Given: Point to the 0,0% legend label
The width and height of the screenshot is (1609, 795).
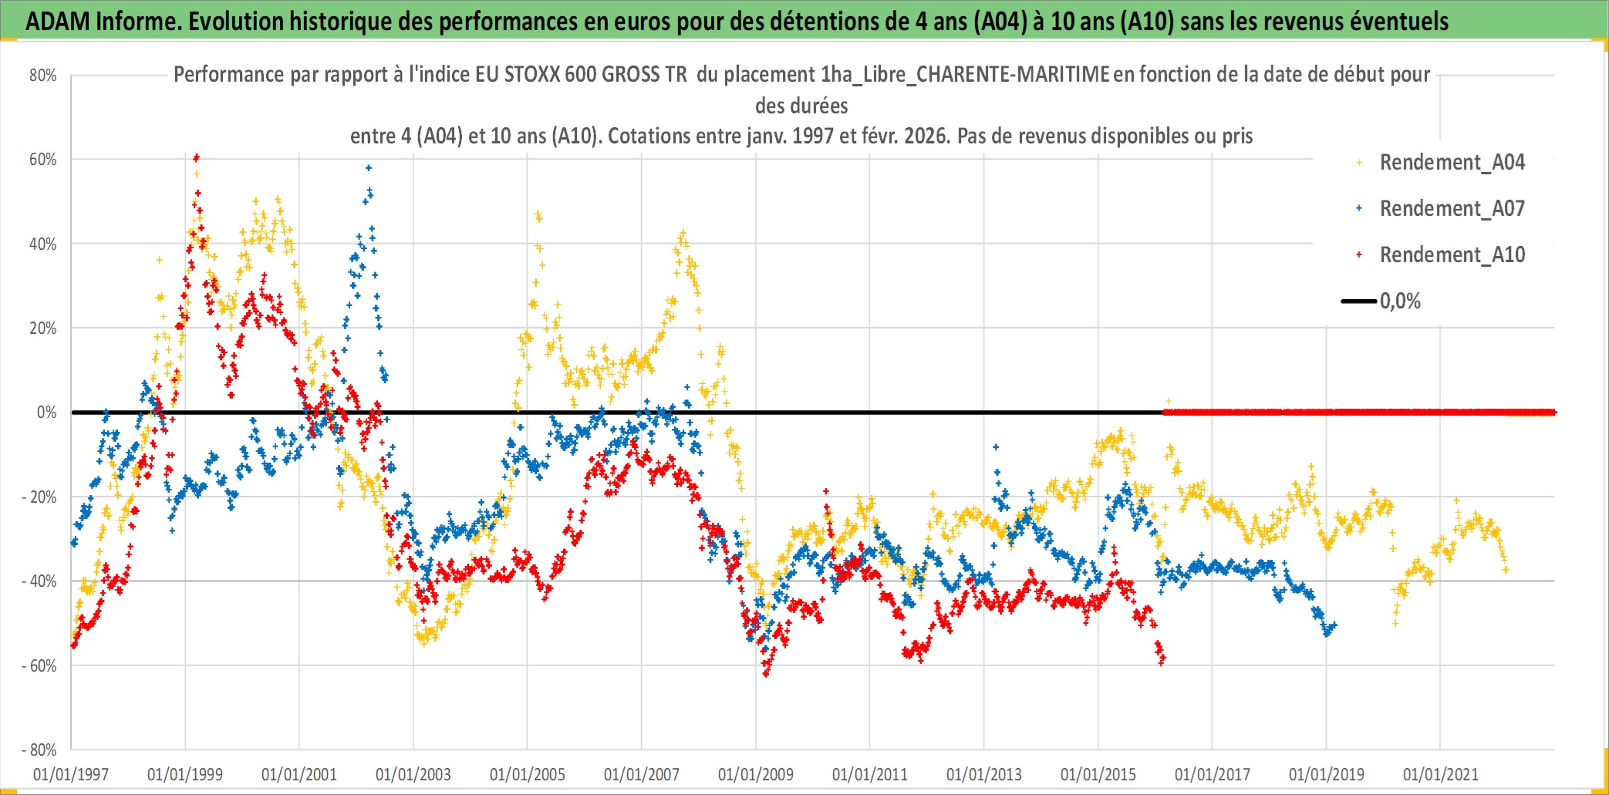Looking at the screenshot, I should click(1400, 301).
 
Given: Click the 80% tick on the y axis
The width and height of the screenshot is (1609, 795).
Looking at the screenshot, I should click(43, 76).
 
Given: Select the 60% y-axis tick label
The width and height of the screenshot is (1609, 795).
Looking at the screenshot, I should click(43, 160).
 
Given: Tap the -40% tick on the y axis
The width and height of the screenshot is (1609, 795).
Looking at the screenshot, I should click(39, 581).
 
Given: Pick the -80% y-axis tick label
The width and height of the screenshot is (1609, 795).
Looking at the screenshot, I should click(39, 750).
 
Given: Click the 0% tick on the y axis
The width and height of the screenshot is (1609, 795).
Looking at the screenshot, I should click(46, 413).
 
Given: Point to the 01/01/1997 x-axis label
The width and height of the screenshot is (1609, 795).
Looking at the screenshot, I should click(71, 774).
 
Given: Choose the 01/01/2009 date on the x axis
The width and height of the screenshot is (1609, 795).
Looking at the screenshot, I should click(755, 774).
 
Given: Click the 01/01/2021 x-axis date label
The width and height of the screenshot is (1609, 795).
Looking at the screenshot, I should click(1440, 774).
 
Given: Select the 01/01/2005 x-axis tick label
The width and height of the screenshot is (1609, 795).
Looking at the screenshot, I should click(528, 774).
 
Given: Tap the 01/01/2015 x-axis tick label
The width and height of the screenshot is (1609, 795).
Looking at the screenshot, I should click(1098, 774).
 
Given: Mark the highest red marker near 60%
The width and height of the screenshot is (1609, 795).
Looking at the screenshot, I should click(197, 157).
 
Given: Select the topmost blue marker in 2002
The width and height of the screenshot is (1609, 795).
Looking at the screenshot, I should click(369, 167).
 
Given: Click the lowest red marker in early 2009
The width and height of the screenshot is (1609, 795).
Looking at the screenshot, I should click(766, 675).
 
